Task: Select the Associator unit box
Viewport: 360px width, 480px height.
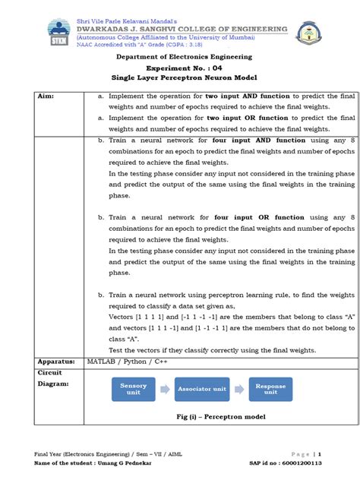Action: [x=202, y=388]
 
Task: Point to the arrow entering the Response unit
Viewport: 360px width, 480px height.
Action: [x=241, y=388]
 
